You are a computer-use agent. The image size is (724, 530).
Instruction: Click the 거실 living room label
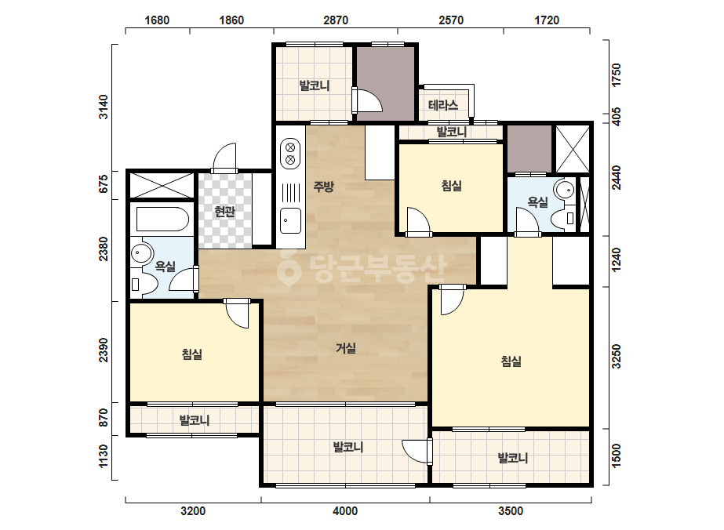pos(345,348)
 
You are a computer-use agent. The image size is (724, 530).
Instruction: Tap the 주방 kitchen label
pos(323,187)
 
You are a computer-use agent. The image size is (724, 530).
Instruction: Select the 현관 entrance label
pos(225,212)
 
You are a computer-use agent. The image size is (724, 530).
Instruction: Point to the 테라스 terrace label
pos(443,105)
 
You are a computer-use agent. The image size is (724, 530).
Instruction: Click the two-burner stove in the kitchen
pos(290,153)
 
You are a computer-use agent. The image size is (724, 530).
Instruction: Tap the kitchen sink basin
pos(290,220)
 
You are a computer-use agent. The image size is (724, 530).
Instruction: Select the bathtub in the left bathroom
pos(162,219)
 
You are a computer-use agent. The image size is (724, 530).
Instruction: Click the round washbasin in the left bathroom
pos(141,253)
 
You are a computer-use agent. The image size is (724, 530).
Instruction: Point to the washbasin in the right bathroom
pos(564,189)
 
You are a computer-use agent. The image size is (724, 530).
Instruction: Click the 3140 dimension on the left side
pos(104,107)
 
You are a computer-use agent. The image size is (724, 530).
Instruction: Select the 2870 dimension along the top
pos(336,20)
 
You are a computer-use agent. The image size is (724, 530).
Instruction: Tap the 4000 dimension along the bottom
pos(345,511)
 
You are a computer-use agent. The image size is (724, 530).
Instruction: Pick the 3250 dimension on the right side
pos(616,357)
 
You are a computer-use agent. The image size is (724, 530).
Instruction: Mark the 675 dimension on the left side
pos(104,183)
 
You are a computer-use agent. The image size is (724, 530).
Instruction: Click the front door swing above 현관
pos(224,158)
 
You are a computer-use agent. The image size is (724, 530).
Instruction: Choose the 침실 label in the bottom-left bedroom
pos(192,354)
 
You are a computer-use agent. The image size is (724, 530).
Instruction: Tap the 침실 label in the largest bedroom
pos(511,361)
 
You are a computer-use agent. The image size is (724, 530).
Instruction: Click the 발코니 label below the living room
pos(348,447)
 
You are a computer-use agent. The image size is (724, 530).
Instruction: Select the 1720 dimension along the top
pos(547,20)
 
